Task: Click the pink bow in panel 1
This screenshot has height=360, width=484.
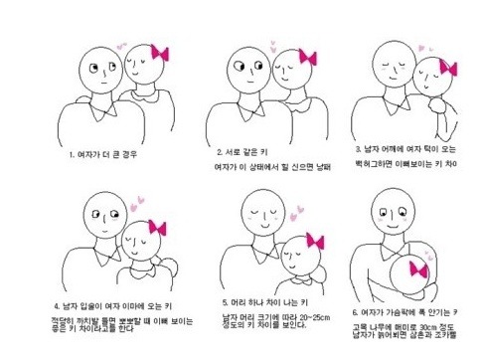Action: pyautogui.click(x=158, y=53)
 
